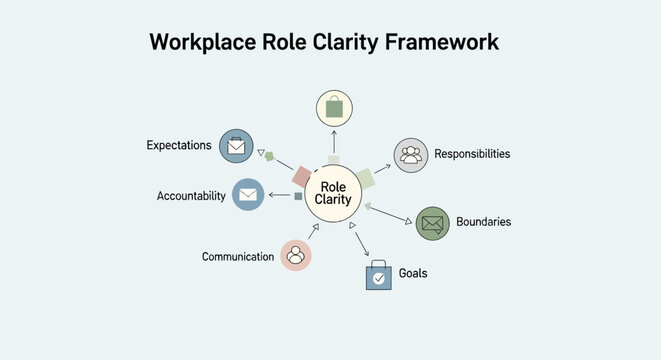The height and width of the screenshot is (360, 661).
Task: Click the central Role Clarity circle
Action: pos(333,193)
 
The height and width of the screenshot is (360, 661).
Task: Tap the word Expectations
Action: pos(179,146)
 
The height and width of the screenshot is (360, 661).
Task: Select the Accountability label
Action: pos(191,196)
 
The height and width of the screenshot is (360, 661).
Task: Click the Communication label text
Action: pos(238,257)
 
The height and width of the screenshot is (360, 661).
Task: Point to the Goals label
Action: pos(413,273)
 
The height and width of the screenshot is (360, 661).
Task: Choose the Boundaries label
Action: pos(483,221)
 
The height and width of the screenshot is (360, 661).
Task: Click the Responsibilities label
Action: pos(472,154)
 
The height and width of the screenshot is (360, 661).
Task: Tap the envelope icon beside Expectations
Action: pos(236,146)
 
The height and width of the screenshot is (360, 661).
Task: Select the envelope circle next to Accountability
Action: pos(248,194)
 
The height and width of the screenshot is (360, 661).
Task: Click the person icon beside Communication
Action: pos(296,255)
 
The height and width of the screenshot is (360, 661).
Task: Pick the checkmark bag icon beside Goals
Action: pos(378,275)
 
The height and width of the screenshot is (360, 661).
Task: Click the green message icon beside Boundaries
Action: pos(432,223)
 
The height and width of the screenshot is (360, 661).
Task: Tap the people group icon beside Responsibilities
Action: pos(410,155)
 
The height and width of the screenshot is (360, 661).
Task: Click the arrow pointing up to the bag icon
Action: pos(334,143)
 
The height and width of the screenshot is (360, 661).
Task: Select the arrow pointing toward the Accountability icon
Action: pos(278,196)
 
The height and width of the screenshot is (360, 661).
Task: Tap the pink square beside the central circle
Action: pos(302,176)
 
